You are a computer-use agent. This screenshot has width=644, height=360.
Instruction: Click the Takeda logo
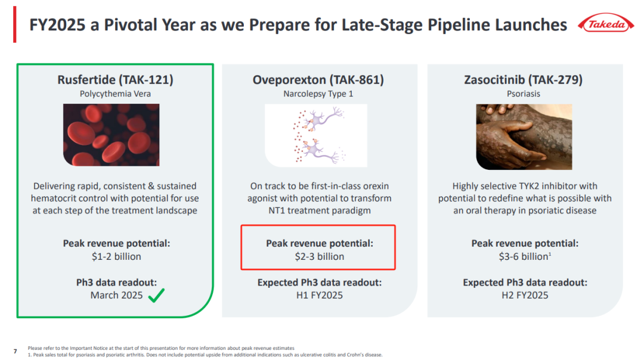click(606, 24)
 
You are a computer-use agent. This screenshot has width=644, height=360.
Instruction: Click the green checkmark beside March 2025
click(156, 294)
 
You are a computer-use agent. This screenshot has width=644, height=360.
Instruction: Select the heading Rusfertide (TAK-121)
click(116, 79)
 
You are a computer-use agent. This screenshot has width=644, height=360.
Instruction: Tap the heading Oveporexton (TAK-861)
click(318, 79)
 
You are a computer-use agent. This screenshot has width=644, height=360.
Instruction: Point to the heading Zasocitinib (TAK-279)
click(524, 79)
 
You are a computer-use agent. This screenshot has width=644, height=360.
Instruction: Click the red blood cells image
click(112, 135)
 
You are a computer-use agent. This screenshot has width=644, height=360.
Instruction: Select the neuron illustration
click(316, 135)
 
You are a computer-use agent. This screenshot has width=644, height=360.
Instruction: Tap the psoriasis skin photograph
click(524, 136)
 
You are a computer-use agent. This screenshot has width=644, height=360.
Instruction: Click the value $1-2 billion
click(116, 256)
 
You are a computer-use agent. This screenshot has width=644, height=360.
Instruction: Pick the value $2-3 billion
click(320, 256)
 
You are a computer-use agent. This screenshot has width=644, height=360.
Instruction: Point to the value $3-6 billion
click(524, 256)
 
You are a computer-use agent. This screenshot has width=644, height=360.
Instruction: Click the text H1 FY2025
click(320, 295)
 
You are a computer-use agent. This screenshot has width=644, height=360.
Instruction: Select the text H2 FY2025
click(525, 295)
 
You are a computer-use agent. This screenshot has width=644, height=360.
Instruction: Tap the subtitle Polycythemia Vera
click(116, 94)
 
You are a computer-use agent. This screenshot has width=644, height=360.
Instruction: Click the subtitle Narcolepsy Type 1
click(318, 94)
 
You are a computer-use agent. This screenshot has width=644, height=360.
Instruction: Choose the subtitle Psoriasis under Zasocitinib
click(524, 94)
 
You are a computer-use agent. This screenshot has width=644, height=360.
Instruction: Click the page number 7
click(16, 352)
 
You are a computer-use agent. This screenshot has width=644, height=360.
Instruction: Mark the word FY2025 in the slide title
click(57, 24)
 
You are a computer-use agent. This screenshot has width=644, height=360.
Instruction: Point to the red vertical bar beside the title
click(15, 24)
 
